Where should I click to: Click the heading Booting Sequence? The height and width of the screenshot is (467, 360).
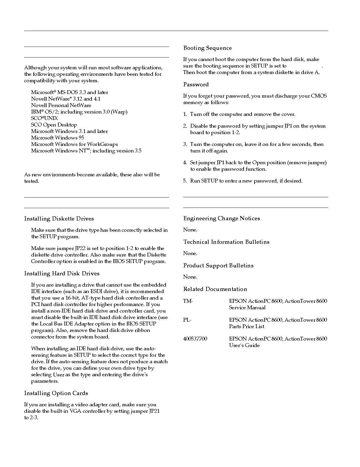tap(207, 48)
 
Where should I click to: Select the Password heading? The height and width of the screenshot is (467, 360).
tap(196, 85)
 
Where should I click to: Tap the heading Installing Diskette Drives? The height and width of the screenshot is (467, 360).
tap(59, 219)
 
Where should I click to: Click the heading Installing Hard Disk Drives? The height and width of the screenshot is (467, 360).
tap(62, 274)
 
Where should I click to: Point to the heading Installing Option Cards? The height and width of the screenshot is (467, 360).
tap(56, 393)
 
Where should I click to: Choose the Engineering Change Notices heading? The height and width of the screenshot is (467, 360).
tap(222, 218)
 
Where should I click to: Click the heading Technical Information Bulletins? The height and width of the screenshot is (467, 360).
tap(226, 242)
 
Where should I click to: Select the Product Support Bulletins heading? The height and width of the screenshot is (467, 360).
tap(218, 266)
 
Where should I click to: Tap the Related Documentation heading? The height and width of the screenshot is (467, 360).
tap(215, 289)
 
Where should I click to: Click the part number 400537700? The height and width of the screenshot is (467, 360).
tap(195, 339)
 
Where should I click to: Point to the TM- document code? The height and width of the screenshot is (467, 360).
tap(188, 301)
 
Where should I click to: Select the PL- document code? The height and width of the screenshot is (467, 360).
tap(187, 320)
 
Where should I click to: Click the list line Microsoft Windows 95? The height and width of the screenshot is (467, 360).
tap(57, 138)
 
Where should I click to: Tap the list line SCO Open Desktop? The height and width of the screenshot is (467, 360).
tap(54, 125)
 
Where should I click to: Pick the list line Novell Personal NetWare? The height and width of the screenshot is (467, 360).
tap(61, 105)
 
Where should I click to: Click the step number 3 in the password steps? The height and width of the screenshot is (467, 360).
tap(185, 144)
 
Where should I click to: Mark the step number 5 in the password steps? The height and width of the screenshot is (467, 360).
tap(185, 181)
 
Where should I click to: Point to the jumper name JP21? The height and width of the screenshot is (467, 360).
tap(154, 411)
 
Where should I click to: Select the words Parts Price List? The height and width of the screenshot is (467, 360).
tap(247, 326)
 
